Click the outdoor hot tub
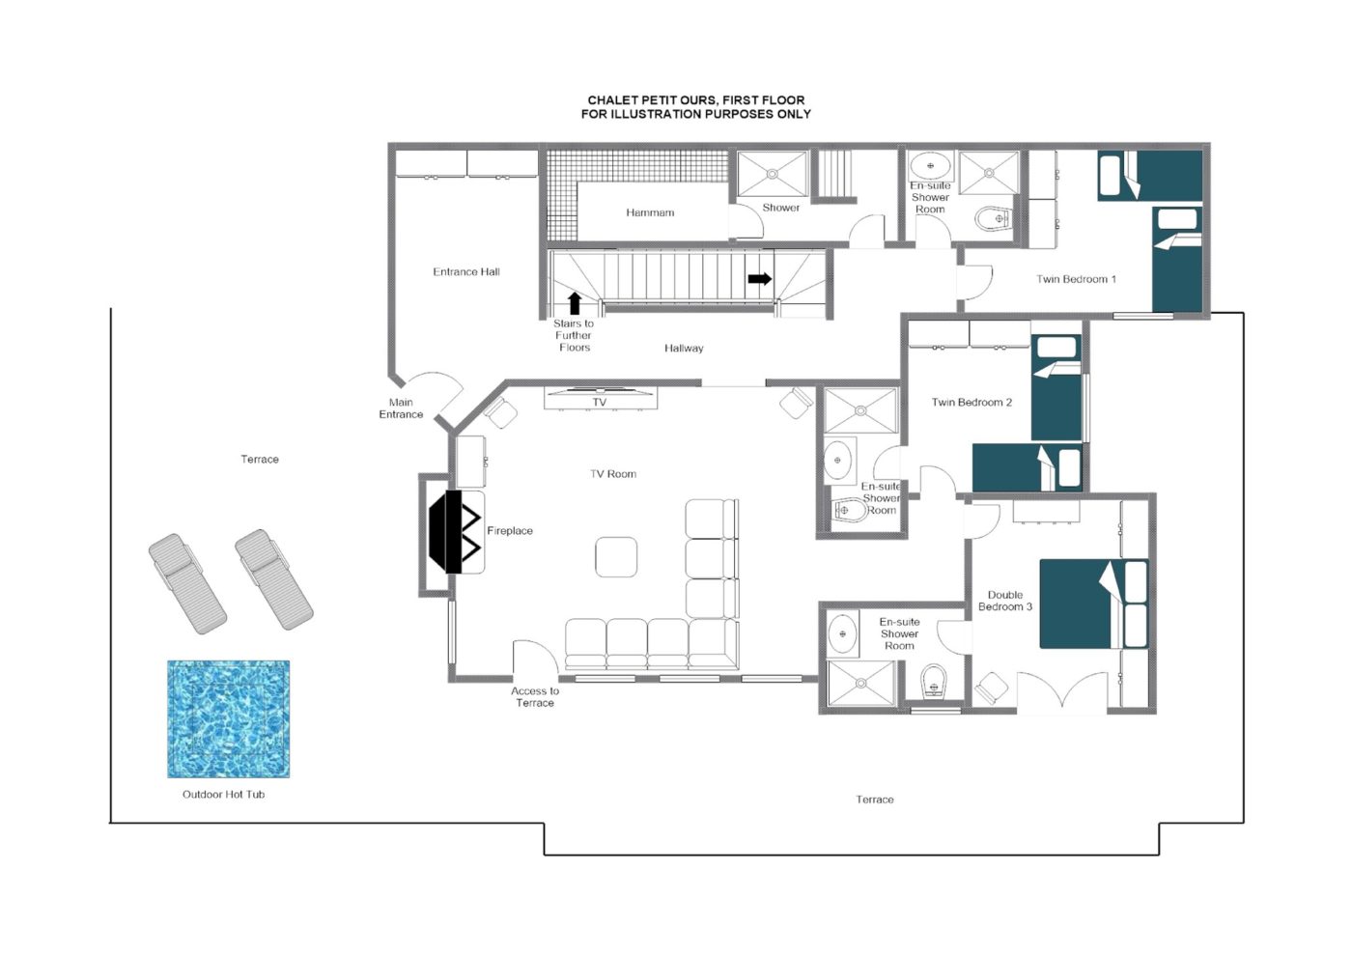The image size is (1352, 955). click(x=228, y=719)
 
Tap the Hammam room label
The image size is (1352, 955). click(x=650, y=212)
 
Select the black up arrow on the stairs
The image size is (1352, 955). click(x=575, y=303)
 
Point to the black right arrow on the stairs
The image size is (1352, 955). click(x=760, y=279)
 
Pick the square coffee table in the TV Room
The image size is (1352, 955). click(x=616, y=556)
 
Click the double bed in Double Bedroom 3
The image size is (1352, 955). click(x=1093, y=604)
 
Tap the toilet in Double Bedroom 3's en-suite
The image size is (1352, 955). click(x=934, y=682)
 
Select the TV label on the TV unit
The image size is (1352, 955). click(x=600, y=402)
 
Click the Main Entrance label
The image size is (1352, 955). click(x=401, y=408)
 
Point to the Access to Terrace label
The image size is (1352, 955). click(x=535, y=696)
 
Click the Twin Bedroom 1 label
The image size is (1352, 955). click(x=1076, y=279)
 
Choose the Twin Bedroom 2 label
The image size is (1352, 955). click(x=972, y=402)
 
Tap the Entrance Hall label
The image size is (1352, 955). click(x=465, y=271)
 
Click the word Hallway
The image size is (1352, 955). click(x=684, y=349)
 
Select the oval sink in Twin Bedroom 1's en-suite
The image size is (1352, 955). click(x=930, y=165)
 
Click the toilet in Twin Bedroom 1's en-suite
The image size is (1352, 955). click(x=993, y=218)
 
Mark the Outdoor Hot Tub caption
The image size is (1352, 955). click(x=223, y=795)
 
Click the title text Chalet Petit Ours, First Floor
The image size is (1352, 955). click(x=696, y=100)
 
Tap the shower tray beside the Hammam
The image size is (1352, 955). click(x=772, y=174)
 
